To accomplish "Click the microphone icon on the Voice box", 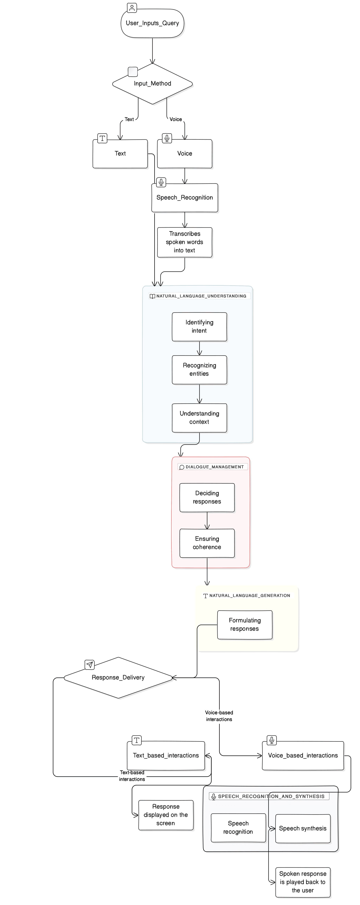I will tap(167, 138).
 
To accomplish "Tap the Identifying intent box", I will tap(199, 327).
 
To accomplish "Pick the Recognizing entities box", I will tap(199, 370).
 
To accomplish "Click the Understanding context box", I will tap(199, 418).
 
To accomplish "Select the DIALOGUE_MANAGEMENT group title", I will tap(214, 467).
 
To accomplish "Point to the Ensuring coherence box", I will tap(207, 543).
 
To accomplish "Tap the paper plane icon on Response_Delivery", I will tap(90, 665).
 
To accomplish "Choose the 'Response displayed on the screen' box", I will tap(166, 815).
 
